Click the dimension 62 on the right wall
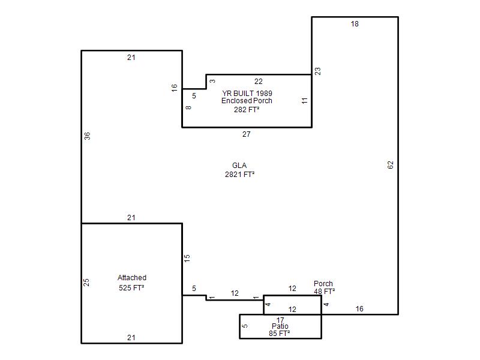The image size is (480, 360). (391, 165)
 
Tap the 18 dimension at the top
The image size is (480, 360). (355, 24)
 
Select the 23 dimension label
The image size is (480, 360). (318, 71)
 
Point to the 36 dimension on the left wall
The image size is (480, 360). (87, 136)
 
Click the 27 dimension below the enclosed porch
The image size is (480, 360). (247, 134)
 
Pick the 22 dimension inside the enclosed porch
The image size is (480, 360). (259, 82)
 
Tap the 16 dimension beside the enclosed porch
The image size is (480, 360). (174, 88)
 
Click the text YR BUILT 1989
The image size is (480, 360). (247, 94)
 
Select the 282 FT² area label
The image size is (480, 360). (247, 110)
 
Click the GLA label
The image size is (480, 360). (239, 166)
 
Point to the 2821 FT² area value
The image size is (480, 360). (239, 175)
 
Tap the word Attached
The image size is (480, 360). (132, 278)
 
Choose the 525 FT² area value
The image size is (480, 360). (131, 288)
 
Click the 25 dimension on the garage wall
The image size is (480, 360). (86, 282)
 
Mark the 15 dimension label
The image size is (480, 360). (187, 258)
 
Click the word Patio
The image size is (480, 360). (280, 326)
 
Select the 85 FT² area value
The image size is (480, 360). (279, 334)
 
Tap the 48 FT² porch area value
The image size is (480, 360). (324, 292)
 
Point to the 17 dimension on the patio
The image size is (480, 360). (280, 320)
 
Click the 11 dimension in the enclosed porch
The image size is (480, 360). (304, 101)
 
